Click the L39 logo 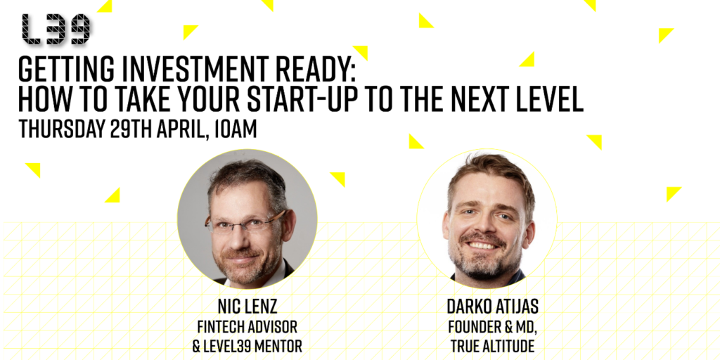point(56,30)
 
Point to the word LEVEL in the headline point(548,98)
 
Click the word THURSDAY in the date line point(61,129)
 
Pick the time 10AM point(236,129)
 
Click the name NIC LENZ point(247,307)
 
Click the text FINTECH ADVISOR point(247,327)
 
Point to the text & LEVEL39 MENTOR point(247,346)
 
